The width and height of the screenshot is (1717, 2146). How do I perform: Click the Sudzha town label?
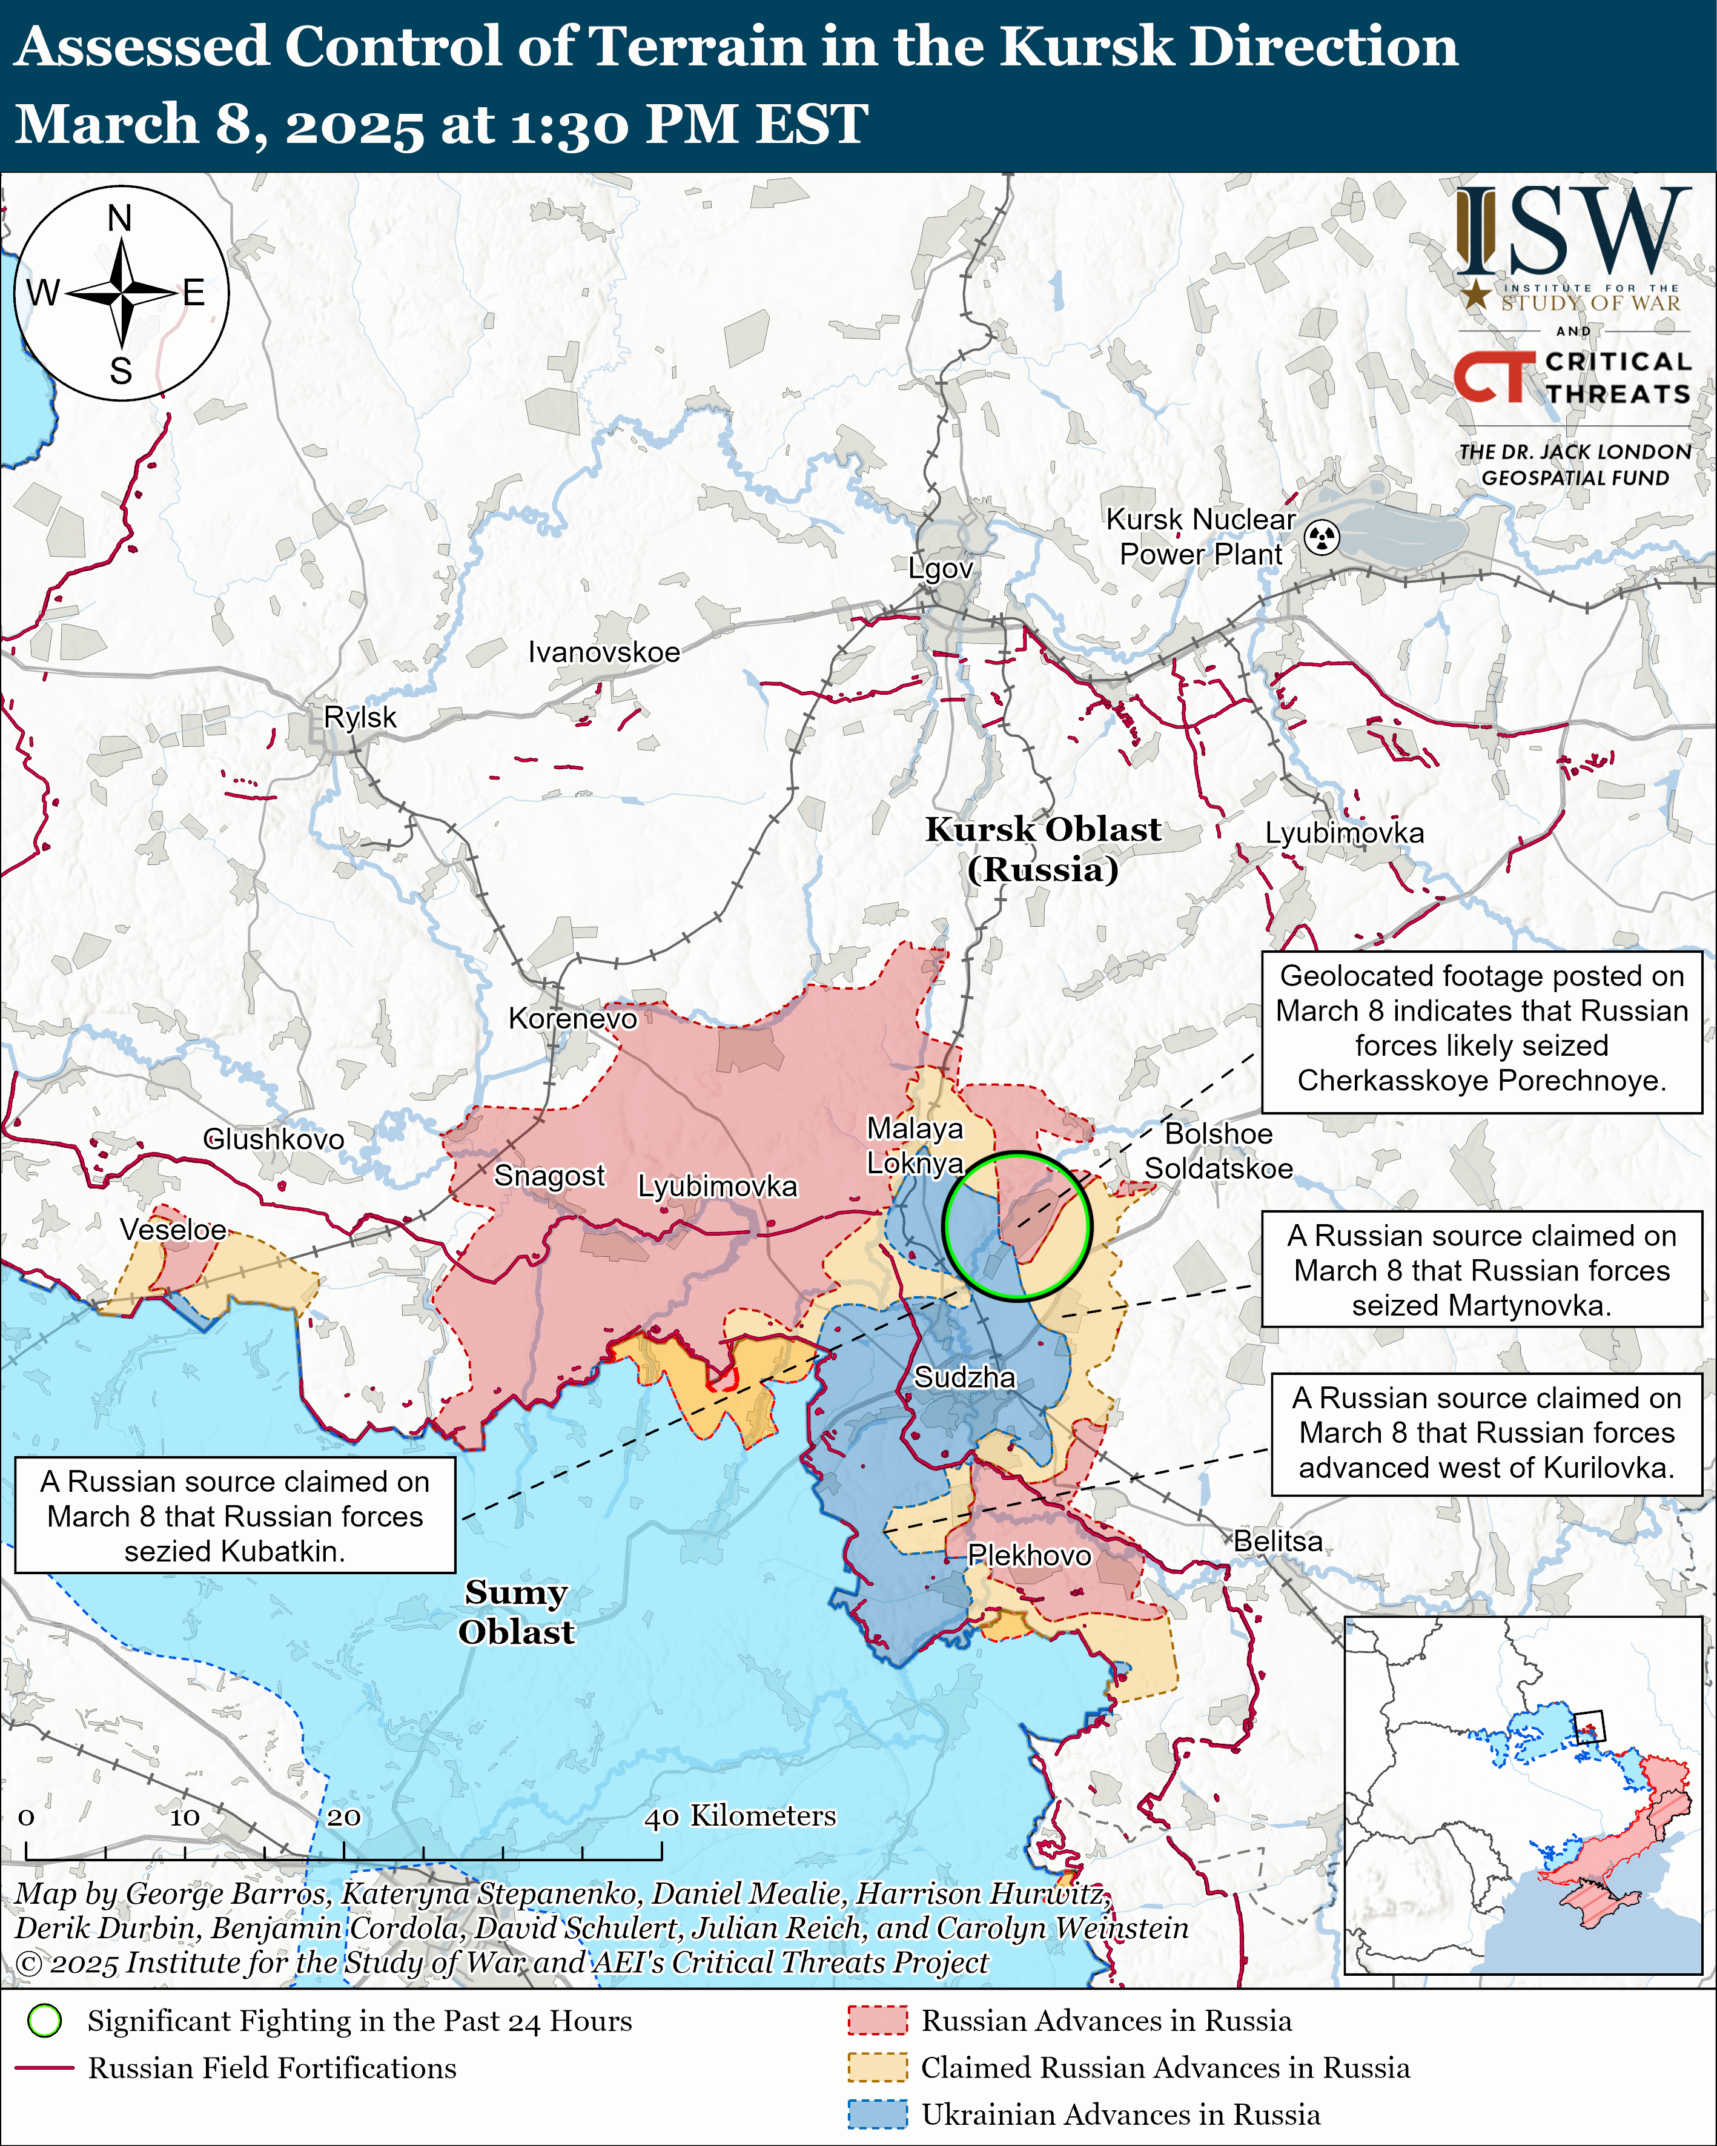pos(965,1377)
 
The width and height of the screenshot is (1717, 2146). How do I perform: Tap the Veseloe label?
pos(173,1230)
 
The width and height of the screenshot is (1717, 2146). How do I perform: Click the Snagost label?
pos(549,1176)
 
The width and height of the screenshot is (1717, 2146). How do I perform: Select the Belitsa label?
pos(1278,1541)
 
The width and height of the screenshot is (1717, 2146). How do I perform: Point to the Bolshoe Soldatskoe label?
pos(1219,1151)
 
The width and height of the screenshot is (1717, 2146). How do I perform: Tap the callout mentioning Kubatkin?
pos(235,1516)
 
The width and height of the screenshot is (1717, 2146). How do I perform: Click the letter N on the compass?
pos(119,218)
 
